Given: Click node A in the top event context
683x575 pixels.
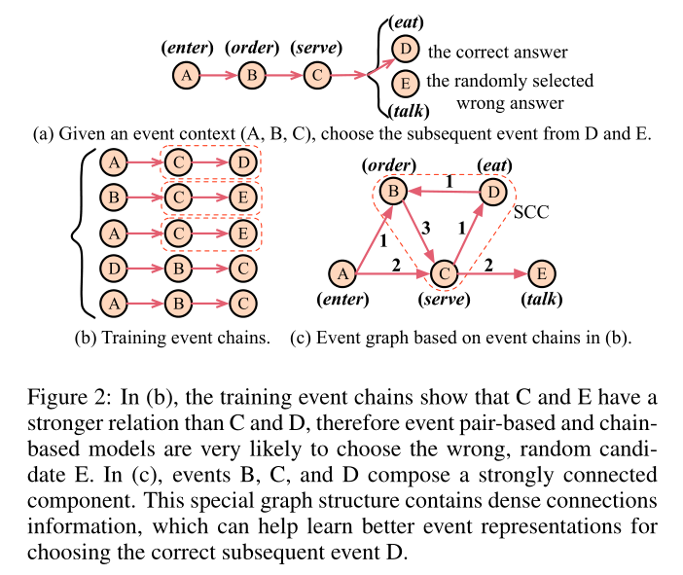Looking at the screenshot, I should click(x=186, y=75).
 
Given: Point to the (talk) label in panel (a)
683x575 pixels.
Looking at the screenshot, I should click(x=404, y=111).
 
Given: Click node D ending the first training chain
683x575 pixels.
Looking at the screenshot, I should click(x=242, y=162).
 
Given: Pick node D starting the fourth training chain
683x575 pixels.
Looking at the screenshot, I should click(x=115, y=267).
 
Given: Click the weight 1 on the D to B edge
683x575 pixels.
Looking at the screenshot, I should click(x=449, y=181).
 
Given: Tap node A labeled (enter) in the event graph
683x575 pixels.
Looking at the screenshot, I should click(x=341, y=274).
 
